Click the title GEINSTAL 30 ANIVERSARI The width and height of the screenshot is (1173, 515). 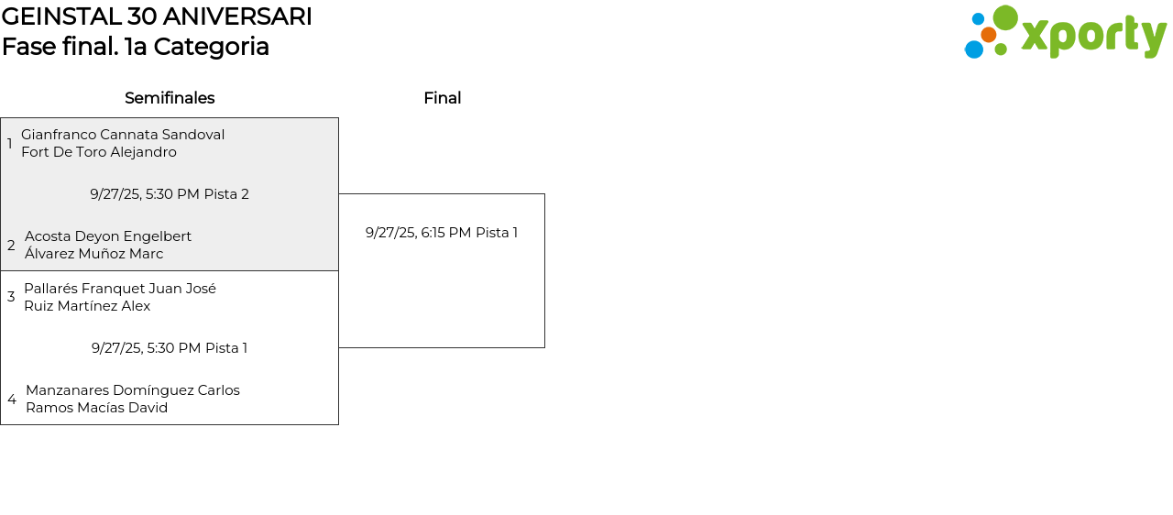pyautogui.click(x=157, y=16)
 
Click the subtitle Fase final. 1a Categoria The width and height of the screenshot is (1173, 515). pyautogui.click(x=136, y=47)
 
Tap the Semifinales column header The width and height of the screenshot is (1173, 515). pyautogui.click(x=170, y=98)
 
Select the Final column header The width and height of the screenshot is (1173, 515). pyautogui.click(x=442, y=98)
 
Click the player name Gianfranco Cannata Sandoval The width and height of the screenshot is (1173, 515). pyautogui.click(x=123, y=135)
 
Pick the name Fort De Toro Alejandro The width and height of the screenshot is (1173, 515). pyautogui.click(x=99, y=152)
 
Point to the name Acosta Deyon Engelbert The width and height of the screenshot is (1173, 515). pyautogui.click(x=108, y=236)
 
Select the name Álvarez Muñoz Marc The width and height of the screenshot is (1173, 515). pyautogui.click(x=93, y=254)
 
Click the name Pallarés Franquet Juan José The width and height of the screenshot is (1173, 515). pyautogui.click(x=120, y=289)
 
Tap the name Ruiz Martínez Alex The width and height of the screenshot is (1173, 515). pyautogui.click(x=87, y=306)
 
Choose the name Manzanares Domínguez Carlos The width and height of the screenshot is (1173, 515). pyautogui.click(x=133, y=390)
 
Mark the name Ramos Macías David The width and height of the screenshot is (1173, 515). pyautogui.click(x=96, y=408)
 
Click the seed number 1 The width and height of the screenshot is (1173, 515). pyautogui.click(x=10, y=144)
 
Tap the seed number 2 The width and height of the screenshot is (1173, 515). pyautogui.click(x=11, y=246)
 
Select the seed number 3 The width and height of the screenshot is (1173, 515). pyautogui.click(x=11, y=297)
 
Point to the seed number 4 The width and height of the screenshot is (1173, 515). pyautogui.click(x=12, y=400)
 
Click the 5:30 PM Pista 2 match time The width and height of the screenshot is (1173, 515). pyautogui.click(x=170, y=194)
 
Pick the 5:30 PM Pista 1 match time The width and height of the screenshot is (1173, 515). pyautogui.click(x=170, y=348)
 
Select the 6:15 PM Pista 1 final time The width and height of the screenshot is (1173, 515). pyautogui.click(x=442, y=233)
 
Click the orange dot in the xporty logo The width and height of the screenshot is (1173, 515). pyautogui.click(x=988, y=35)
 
